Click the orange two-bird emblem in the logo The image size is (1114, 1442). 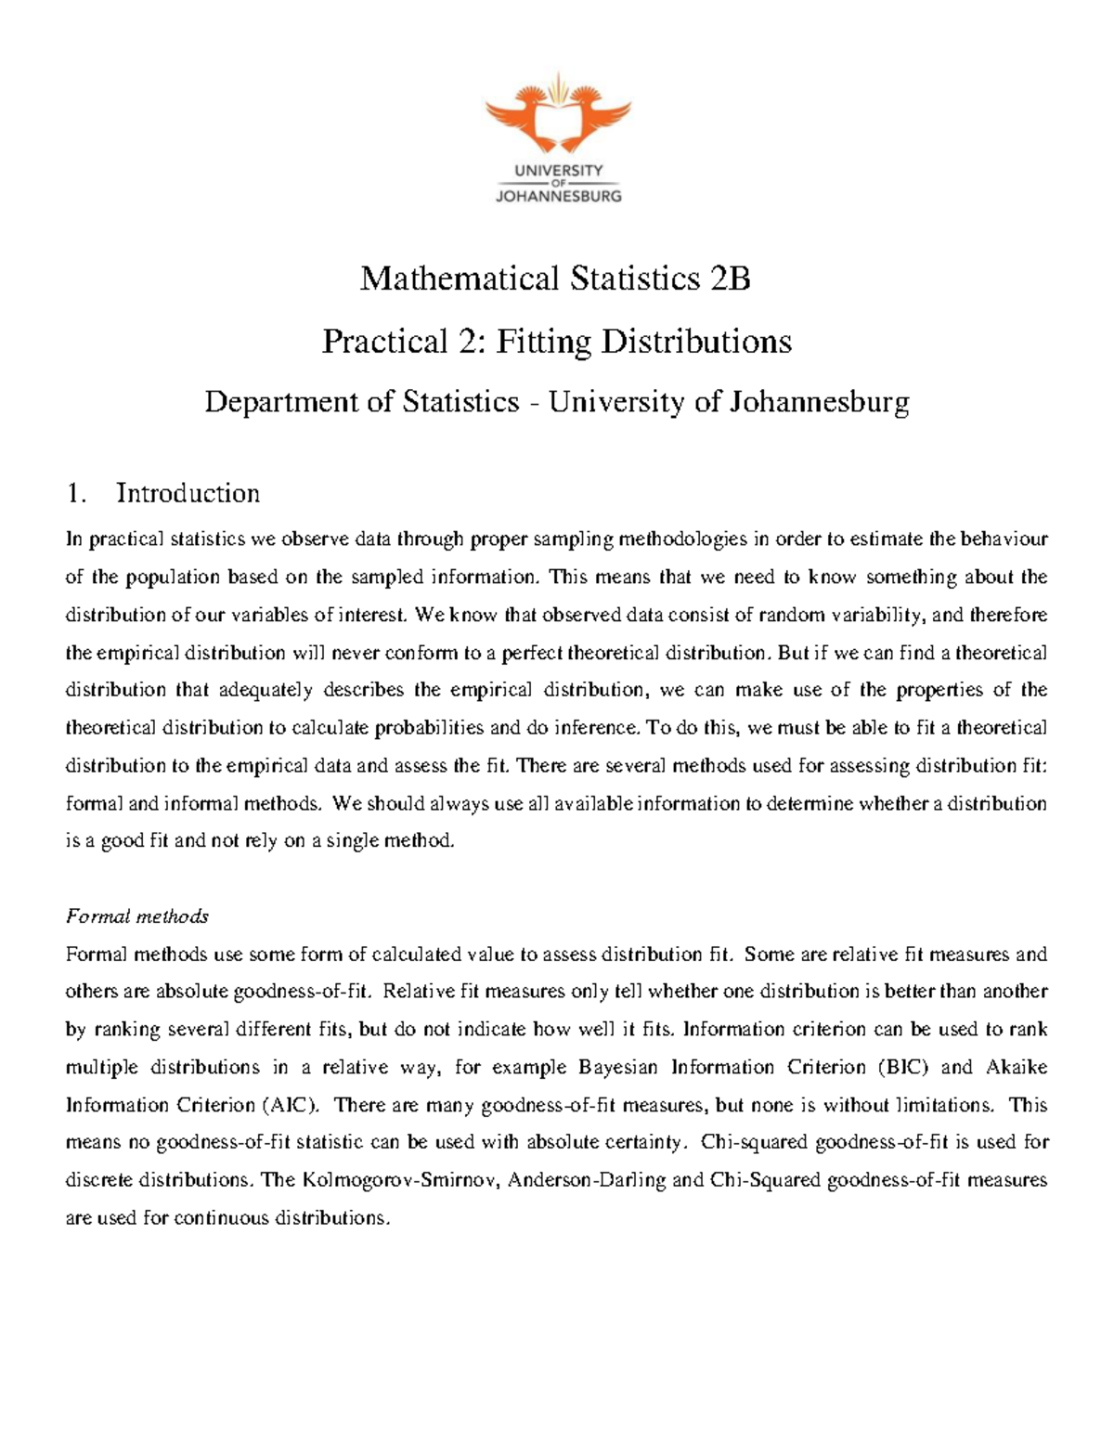pyautogui.click(x=557, y=114)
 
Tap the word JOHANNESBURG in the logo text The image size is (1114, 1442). pyautogui.click(x=558, y=196)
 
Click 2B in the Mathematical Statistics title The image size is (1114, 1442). pyautogui.click(x=730, y=279)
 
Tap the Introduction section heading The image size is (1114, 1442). pyautogui.click(x=188, y=493)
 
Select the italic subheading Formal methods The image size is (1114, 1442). pyautogui.click(x=137, y=916)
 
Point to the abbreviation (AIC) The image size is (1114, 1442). pyautogui.click(x=291, y=1105)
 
